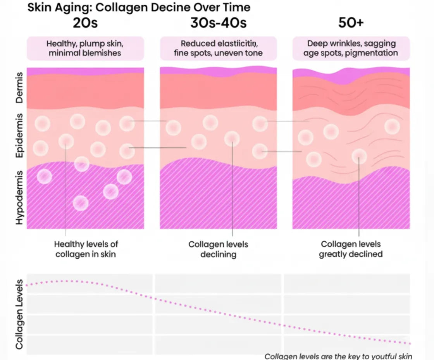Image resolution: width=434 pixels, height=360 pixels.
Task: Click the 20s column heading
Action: coord(85,23)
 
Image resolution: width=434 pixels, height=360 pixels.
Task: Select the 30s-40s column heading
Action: coord(218,23)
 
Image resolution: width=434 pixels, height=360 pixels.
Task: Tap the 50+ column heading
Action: coord(351,23)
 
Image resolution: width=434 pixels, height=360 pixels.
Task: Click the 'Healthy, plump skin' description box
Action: coord(85,48)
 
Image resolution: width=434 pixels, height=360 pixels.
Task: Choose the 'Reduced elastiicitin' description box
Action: coord(218,48)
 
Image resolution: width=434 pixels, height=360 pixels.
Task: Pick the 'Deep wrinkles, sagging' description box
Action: coord(351,48)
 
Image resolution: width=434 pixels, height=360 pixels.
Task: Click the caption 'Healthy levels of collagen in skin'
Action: coord(86,249)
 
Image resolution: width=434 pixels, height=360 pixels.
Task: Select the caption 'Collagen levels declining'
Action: coord(218,249)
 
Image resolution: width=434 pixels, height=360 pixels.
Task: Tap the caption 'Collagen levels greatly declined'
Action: coord(351,249)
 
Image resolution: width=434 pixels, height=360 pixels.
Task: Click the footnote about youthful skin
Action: coord(338,356)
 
